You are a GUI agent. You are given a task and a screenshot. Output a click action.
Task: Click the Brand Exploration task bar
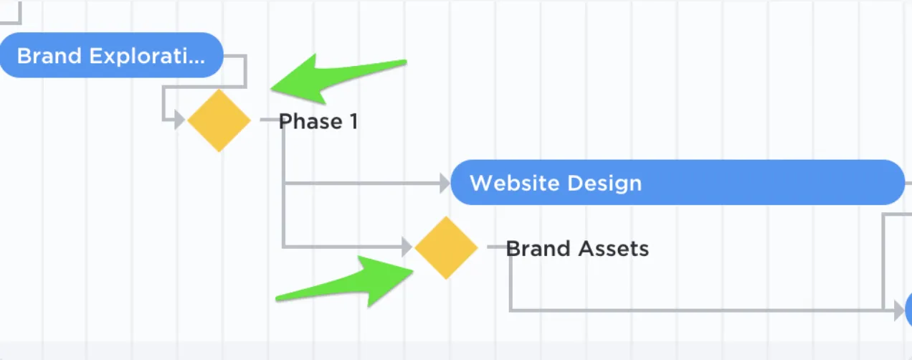click(x=111, y=55)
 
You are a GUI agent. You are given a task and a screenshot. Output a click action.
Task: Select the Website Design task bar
click(x=678, y=182)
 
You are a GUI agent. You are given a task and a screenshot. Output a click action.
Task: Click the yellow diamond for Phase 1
click(x=219, y=120)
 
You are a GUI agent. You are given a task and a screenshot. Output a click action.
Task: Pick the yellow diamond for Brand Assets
click(x=446, y=247)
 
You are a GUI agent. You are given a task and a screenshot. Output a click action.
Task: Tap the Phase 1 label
click(x=318, y=121)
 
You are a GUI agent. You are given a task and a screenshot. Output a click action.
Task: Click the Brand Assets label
click(x=577, y=248)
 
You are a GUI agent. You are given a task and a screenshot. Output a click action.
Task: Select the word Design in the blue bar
click(x=604, y=184)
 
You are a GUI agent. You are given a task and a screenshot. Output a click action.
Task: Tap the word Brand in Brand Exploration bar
click(x=49, y=56)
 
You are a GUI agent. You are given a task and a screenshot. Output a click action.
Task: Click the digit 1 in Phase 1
click(x=353, y=121)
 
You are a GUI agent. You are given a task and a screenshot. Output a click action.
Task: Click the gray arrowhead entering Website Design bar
click(x=445, y=183)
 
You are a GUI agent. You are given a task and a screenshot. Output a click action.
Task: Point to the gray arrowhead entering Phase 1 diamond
click(x=179, y=120)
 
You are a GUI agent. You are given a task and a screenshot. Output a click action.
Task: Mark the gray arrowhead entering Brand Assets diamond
click(x=407, y=247)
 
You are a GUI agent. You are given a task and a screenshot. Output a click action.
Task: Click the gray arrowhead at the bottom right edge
click(x=899, y=311)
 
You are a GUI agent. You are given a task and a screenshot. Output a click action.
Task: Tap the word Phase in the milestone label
click(x=310, y=121)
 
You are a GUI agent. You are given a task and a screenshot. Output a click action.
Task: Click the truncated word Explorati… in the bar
click(x=147, y=57)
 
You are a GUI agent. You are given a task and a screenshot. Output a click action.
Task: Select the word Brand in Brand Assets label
click(x=538, y=248)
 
